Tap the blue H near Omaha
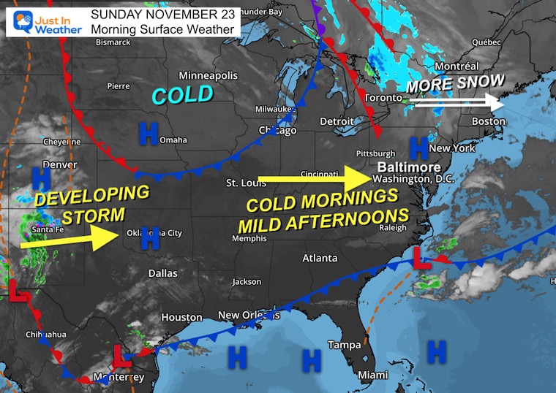pyautogui.click(x=149, y=132)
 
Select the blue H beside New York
pyautogui.click(x=418, y=148)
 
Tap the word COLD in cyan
pyautogui.click(x=183, y=94)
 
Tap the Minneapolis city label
pyautogui.click(x=209, y=76)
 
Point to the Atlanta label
pyautogui.click(x=320, y=258)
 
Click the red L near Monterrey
pyautogui.click(x=121, y=356)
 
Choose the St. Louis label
pyautogui.click(x=243, y=182)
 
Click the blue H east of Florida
pyautogui.click(x=437, y=351)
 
